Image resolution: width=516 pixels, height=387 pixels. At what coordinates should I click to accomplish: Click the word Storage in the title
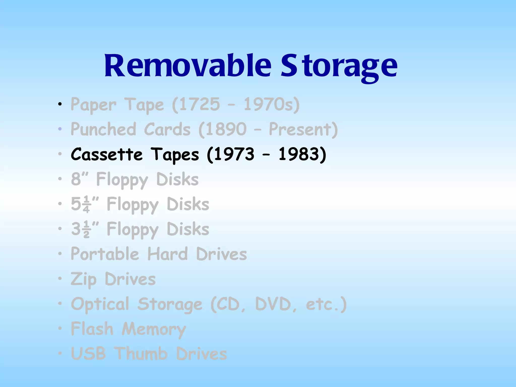(x=339, y=66)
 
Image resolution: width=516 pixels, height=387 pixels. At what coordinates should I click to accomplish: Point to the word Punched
(x=103, y=129)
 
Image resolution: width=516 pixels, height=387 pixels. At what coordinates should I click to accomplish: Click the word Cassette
(x=107, y=154)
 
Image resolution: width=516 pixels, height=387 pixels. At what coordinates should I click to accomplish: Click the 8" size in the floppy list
(x=79, y=179)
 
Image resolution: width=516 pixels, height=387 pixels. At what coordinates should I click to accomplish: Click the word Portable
(x=105, y=254)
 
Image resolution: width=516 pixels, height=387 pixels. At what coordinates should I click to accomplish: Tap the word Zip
(x=83, y=279)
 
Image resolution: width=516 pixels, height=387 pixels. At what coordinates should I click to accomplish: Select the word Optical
(x=100, y=304)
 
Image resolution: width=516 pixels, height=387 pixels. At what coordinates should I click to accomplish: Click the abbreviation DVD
(x=273, y=304)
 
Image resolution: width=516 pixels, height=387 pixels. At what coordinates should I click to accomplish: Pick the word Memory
(x=154, y=329)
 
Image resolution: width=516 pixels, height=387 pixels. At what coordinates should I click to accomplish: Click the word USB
(x=88, y=353)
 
